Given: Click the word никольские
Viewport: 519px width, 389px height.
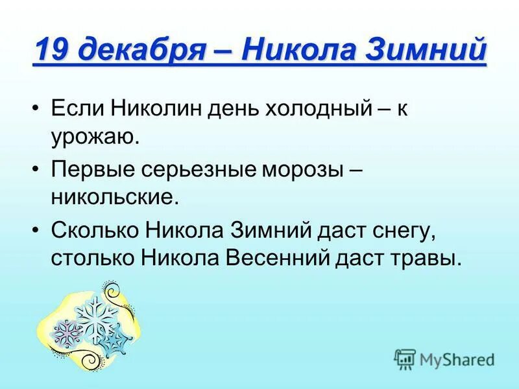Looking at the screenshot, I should pos(114,196).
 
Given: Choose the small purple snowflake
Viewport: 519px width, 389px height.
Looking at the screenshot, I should pos(66,333).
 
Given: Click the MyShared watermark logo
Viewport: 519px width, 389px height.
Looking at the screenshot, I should pos(445,359).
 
